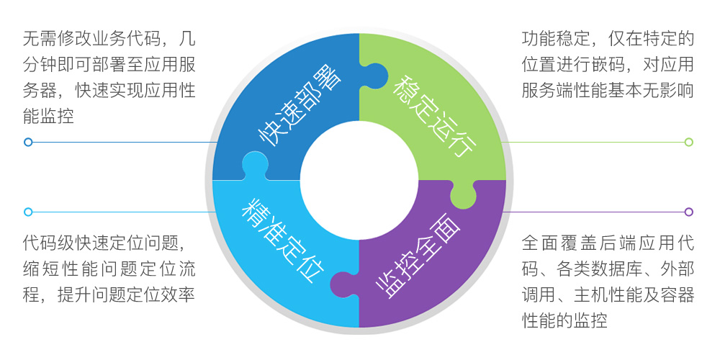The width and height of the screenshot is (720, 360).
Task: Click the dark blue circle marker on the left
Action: click(28, 142)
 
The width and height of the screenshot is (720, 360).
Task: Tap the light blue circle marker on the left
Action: click(28, 212)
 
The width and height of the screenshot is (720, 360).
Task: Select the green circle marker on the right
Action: click(688, 142)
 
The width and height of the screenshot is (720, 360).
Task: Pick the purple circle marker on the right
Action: click(688, 212)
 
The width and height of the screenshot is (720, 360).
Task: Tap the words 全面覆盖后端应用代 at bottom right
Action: click(608, 241)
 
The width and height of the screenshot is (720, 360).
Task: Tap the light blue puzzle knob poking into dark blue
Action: click(253, 165)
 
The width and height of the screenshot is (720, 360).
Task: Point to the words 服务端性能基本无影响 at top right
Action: click(608, 91)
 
